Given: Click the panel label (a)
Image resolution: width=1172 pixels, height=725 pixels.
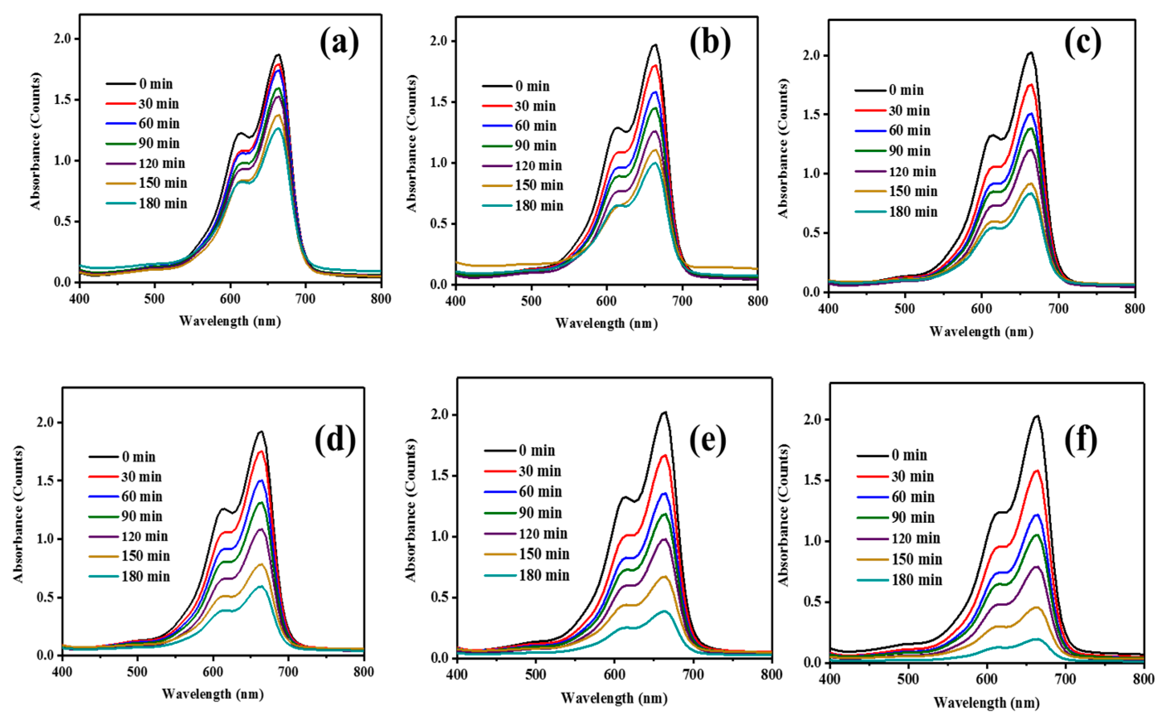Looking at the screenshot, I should pyautogui.click(x=339, y=42).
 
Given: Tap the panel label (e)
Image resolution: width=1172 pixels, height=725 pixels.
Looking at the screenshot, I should pyautogui.click(x=707, y=440).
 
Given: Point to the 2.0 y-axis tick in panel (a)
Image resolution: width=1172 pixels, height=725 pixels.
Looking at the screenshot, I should pyautogui.click(x=63, y=39).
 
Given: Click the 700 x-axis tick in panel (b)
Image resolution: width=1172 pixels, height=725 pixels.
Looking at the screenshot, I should pyautogui.click(x=682, y=301).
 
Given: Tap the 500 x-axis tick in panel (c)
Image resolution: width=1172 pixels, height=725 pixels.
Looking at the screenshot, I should pyautogui.click(x=905, y=308).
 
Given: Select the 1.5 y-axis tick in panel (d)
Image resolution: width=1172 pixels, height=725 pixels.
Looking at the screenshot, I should pyautogui.click(x=46, y=481).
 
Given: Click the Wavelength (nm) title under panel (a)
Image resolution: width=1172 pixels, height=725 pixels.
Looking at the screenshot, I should pyautogui.click(x=230, y=321).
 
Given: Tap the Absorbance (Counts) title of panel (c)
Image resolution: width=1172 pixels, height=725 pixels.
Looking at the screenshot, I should pyautogui.click(x=783, y=149).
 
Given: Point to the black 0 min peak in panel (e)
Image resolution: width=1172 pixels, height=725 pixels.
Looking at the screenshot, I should pyautogui.click(x=664, y=412).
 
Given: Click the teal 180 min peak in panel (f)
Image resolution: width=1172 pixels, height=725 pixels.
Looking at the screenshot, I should pyautogui.click(x=1036, y=639).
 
